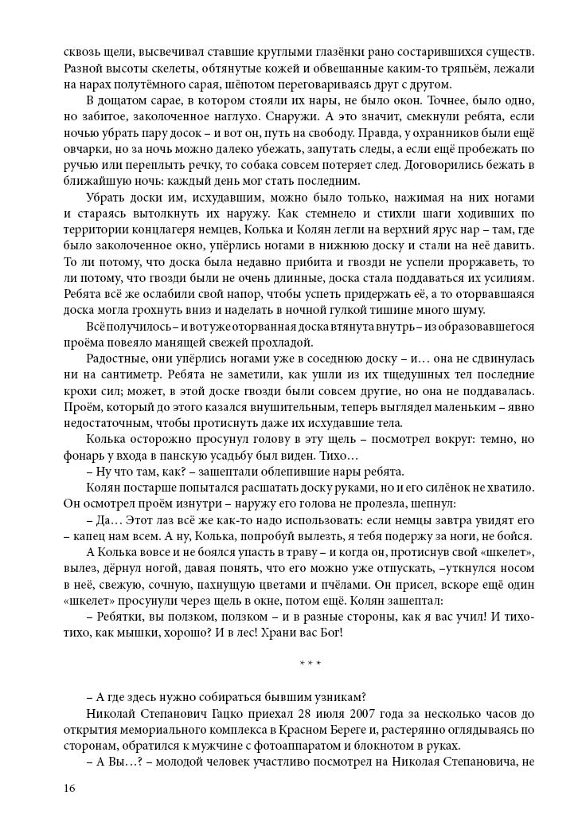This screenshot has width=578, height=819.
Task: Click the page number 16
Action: click(70, 789)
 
